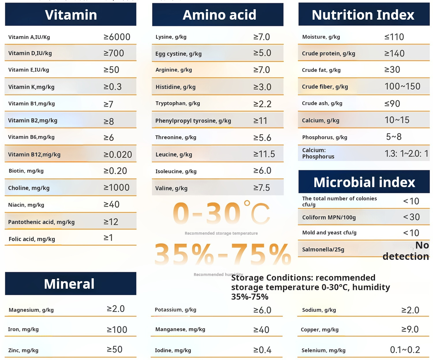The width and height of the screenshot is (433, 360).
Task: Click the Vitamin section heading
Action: coord(71,15)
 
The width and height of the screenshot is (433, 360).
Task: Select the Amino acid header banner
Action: coord(219,15)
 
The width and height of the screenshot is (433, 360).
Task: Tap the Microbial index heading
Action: coord(364,182)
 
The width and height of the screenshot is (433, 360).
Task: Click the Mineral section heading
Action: coord(69,284)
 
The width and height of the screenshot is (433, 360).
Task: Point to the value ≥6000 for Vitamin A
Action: coord(117,37)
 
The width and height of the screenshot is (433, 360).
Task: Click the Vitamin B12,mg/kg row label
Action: coord(34,154)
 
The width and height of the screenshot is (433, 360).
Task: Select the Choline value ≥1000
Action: coord(117,188)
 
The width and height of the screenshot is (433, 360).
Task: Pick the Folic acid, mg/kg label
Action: coord(32,239)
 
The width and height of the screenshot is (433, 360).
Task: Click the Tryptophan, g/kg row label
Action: coord(178,103)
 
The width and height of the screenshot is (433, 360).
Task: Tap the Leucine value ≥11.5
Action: coord(264,154)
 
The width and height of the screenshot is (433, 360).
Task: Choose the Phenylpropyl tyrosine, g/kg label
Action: coord(193,121)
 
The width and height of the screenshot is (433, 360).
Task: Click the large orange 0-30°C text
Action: coord(221,214)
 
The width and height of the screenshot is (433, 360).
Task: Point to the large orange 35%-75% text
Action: coord(223,254)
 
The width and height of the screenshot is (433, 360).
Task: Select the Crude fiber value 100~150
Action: coord(402,86)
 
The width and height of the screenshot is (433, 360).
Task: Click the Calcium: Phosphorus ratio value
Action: coord(406,154)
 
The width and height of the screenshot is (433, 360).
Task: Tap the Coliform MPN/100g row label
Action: coord(329,217)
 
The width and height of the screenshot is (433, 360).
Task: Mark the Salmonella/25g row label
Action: coord(323,249)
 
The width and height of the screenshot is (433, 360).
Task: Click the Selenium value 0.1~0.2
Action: coord(405,350)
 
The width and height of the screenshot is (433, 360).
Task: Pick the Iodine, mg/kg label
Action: coord(173,350)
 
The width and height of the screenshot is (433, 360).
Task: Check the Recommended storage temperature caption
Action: coord(221,233)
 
